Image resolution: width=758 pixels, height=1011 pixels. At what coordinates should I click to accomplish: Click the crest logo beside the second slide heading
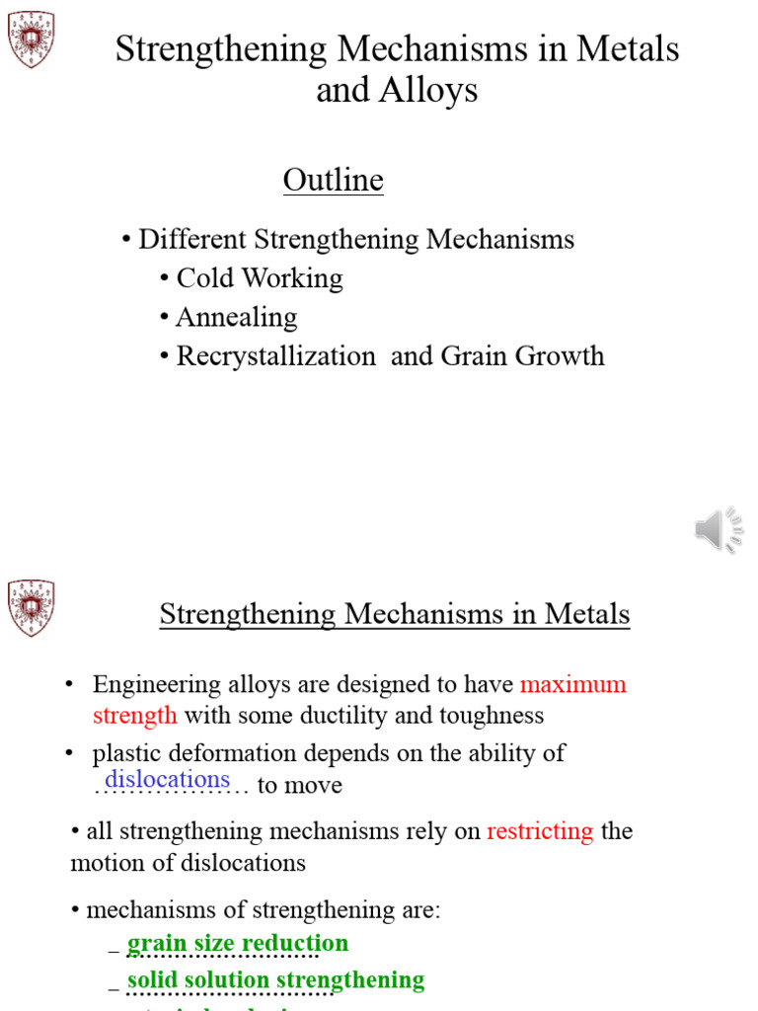pos(32,607)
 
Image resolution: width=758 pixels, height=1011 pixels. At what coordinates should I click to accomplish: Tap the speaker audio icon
pos(718,530)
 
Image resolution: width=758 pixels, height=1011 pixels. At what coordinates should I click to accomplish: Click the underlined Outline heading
pos(333,181)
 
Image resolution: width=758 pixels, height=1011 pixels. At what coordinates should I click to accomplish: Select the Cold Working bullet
pos(259,278)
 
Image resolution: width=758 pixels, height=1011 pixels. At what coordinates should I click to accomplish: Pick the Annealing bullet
pos(236,317)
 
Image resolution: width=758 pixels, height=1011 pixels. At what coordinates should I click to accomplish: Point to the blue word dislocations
pos(167,779)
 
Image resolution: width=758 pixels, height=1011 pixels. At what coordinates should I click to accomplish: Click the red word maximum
pos(572,684)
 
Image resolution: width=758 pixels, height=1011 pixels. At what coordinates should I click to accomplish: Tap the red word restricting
pos(540,831)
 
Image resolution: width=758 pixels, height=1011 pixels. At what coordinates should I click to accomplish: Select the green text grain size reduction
pos(238,943)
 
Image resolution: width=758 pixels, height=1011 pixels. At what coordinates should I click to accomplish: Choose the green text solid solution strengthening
pos(275,979)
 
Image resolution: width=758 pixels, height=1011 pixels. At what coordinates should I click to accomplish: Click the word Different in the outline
pos(192,239)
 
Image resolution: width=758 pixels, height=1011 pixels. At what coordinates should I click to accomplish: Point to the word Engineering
pos(154,684)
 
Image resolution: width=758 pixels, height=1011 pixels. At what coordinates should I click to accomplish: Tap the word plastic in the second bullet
pos(125,753)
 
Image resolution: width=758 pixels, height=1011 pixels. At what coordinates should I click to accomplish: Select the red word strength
pos(134,716)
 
